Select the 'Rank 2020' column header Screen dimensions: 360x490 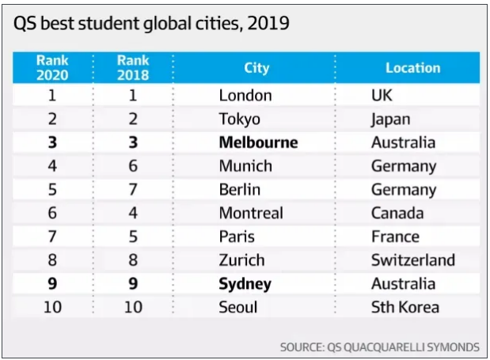52,67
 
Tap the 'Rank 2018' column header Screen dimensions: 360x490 133,67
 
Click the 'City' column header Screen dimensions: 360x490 256,67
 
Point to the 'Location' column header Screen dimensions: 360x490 412,67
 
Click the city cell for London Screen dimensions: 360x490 245,96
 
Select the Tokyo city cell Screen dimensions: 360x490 240,119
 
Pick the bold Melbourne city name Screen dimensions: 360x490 259,142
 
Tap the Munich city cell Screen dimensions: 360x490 245,166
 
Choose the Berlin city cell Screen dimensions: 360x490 241,190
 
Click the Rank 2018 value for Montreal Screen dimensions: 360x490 133,213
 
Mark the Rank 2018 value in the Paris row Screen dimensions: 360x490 133,237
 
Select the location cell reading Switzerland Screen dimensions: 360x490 412,260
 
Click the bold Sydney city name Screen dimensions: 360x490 245,283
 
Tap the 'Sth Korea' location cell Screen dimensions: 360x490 405,307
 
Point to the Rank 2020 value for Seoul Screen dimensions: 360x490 52,307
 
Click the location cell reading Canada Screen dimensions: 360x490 397,213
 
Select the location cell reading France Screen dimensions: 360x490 395,237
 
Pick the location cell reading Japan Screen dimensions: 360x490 391,119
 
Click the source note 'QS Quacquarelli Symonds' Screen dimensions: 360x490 379,347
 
